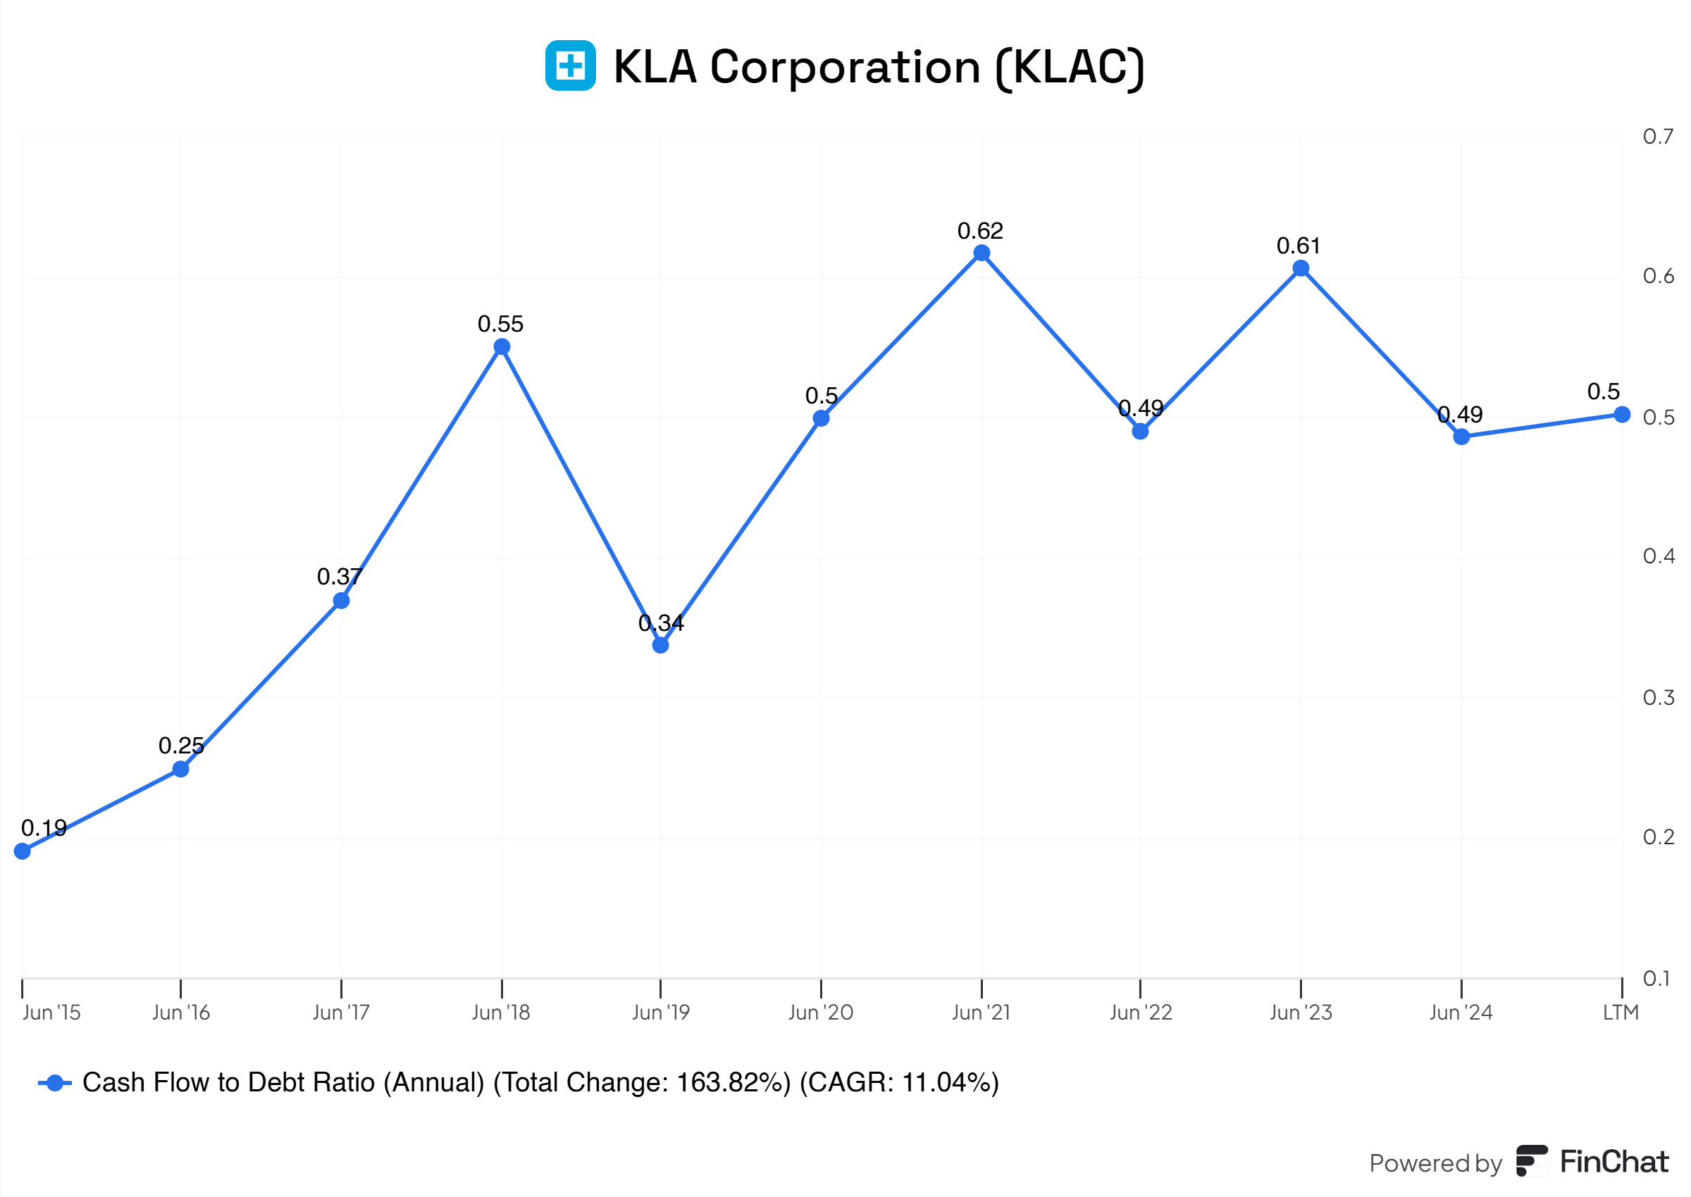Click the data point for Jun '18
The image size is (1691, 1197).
pyautogui.click(x=502, y=347)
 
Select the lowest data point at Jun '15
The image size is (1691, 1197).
pyautogui.click(x=22, y=851)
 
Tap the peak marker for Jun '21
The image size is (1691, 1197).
pyautogui.click(x=981, y=253)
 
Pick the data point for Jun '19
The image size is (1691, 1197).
pyautogui.click(x=661, y=645)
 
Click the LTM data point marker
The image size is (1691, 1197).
pyautogui.click(x=1622, y=414)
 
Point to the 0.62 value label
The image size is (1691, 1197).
pyautogui.click(x=980, y=232)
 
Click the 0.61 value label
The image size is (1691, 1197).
pyautogui.click(x=1299, y=246)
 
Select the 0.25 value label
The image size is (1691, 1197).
pyautogui.click(x=180, y=745)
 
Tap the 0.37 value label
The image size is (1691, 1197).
pyautogui.click(x=339, y=577)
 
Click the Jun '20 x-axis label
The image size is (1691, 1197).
pyautogui.click(x=821, y=1013)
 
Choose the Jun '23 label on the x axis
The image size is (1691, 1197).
pyautogui.click(x=1301, y=1013)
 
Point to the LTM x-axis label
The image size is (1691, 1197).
pyautogui.click(x=1621, y=1013)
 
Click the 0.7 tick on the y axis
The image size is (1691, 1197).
pyautogui.click(x=1658, y=137)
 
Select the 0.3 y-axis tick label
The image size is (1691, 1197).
pyautogui.click(x=1658, y=697)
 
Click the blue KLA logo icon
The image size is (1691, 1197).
pyautogui.click(x=570, y=65)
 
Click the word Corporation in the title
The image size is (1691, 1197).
pyautogui.click(x=845, y=67)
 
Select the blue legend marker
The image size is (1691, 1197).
pyautogui.click(x=54, y=1083)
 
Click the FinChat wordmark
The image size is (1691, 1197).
pyautogui.click(x=1613, y=1162)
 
